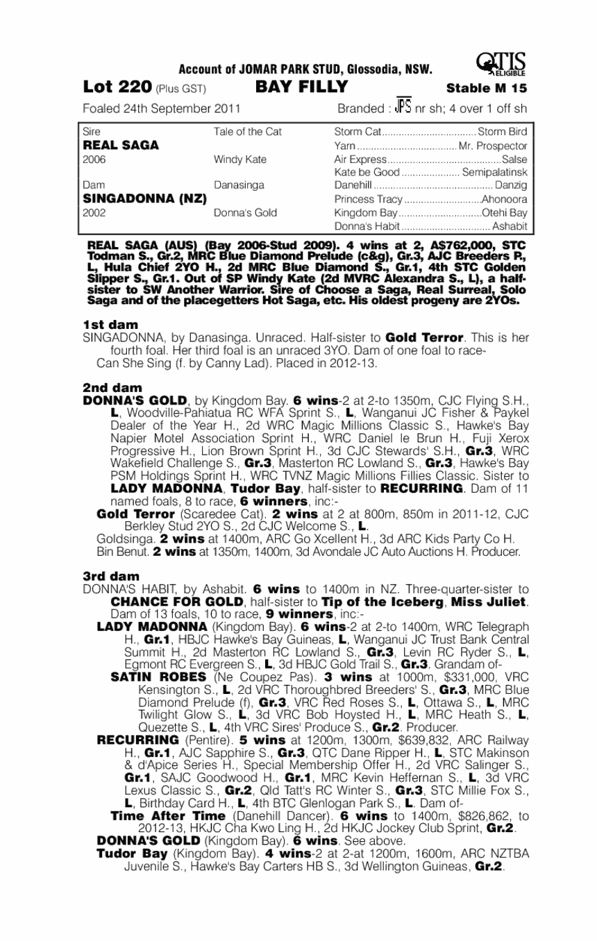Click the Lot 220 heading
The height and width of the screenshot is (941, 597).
pyautogui.click(x=117, y=87)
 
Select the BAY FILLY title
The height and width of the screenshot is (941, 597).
pyautogui.click(x=296, y=87)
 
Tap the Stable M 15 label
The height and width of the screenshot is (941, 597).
pyautogui.click(x=487, y=88)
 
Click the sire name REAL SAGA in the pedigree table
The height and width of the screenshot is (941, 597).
pyautogui.click(x=121, y=146)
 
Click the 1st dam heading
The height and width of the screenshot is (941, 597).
pyautogui.click(x=110, y=324)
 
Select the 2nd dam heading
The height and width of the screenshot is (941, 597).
pyautogui.click(x=112, y=387)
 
